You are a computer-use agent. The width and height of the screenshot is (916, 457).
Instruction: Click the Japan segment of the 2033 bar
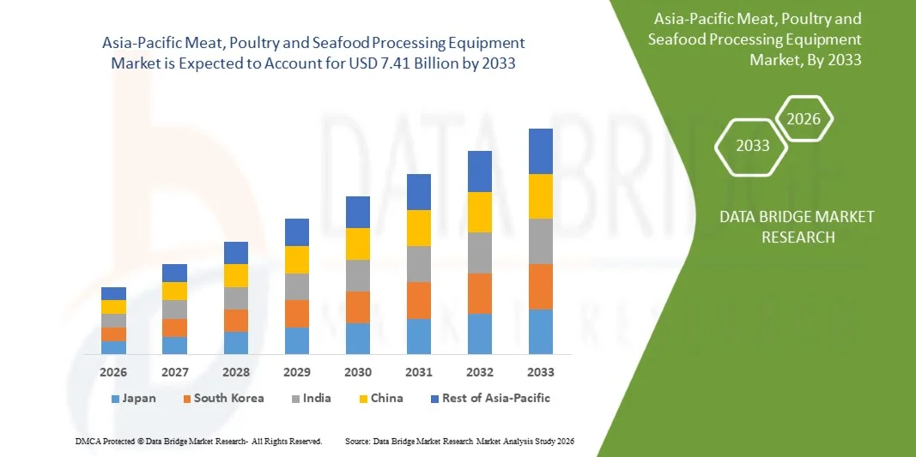pos(540,332)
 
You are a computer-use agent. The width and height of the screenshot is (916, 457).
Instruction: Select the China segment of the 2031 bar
pos(418,228)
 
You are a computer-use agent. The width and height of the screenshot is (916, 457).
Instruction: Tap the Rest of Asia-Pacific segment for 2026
pos(113,293)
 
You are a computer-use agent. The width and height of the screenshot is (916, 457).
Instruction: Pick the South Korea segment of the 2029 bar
pos(296,314)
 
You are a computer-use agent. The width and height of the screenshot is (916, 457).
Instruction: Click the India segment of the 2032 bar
pos(479,253)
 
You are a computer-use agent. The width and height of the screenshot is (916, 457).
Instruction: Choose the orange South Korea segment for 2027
pos(174,328)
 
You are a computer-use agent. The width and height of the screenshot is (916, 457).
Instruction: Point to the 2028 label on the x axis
pos(235,372)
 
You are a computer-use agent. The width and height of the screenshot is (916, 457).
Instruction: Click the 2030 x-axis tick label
pos(357,372)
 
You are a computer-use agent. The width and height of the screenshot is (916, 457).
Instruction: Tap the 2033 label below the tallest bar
pos(540,372)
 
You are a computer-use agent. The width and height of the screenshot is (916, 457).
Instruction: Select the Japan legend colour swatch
pos(115,399)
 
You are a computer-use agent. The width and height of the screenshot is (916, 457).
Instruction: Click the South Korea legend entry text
pos(228,398)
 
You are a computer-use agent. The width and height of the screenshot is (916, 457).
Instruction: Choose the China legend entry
pos(387,398)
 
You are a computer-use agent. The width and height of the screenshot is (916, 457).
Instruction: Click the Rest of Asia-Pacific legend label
pos(495,398)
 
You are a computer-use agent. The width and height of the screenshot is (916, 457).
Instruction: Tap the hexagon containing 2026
pos(804,119)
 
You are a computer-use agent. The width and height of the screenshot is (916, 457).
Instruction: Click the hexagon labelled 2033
pos(752,146)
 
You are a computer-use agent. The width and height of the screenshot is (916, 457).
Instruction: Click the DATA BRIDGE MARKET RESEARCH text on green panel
pos(797,226)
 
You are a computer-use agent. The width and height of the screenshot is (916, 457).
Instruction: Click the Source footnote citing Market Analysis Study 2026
pos(458,441)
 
